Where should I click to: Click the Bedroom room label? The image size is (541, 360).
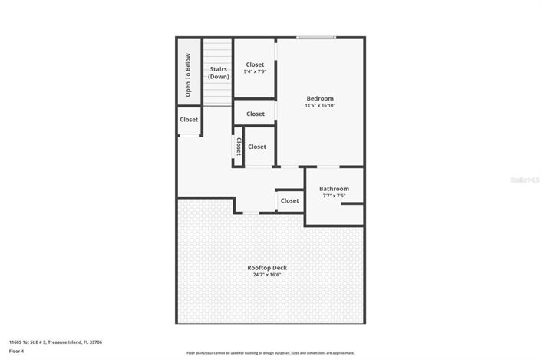click(x=320, y=98)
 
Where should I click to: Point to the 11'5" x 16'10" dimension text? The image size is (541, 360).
click(x=320, y=106)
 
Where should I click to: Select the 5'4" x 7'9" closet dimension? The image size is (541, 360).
click(x=255, y=72)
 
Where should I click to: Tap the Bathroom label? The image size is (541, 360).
click(x=334, y=189)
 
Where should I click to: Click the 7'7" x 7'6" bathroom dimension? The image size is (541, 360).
click(x=334, y=196)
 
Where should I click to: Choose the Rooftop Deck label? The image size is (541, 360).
click(x=267, y=267)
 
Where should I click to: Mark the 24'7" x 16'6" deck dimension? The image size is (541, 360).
click(x=267, y=275)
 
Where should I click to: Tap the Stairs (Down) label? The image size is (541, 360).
click(x=219, y=73)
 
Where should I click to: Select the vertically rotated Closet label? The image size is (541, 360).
click(x=239, y=147)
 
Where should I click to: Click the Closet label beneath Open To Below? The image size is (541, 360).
click(x=189, y=120)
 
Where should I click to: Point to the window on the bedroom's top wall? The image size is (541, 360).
click(x=316, y=37)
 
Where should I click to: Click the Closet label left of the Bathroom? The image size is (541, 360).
click(x=289, y=201)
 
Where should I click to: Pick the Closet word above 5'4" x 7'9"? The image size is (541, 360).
click(x=255, y=64)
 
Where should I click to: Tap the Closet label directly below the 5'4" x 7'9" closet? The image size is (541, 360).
click(x=255, y=114)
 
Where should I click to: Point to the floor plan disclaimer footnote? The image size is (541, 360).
click(x=269, y=353)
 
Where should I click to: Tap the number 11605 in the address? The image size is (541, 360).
click(x=16, y=342)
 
